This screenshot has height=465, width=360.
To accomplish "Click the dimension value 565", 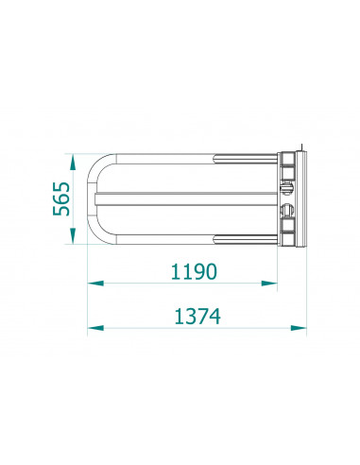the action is pyautogui.click(x=61, y=198).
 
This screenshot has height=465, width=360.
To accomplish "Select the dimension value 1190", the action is pyautogui.click(x=194, y=271).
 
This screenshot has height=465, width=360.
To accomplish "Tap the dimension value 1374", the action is pyautogui.click(x=197, y=317).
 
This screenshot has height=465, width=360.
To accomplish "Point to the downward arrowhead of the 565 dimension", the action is pyautogui.click(x=73, y=236).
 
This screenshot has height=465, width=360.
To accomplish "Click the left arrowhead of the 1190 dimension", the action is pyautogui.click(x=95, y=284).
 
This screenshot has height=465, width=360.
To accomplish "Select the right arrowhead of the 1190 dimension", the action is pyautogui.click(x=269, y=284).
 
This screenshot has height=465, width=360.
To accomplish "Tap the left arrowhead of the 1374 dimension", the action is pyautogui.click(x=95, y=328).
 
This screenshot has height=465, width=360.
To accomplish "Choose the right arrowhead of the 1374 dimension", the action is pyautogui.click(x=299, y=328).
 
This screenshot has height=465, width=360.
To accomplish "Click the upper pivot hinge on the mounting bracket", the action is pyautogui.click(x=287, y=188).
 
